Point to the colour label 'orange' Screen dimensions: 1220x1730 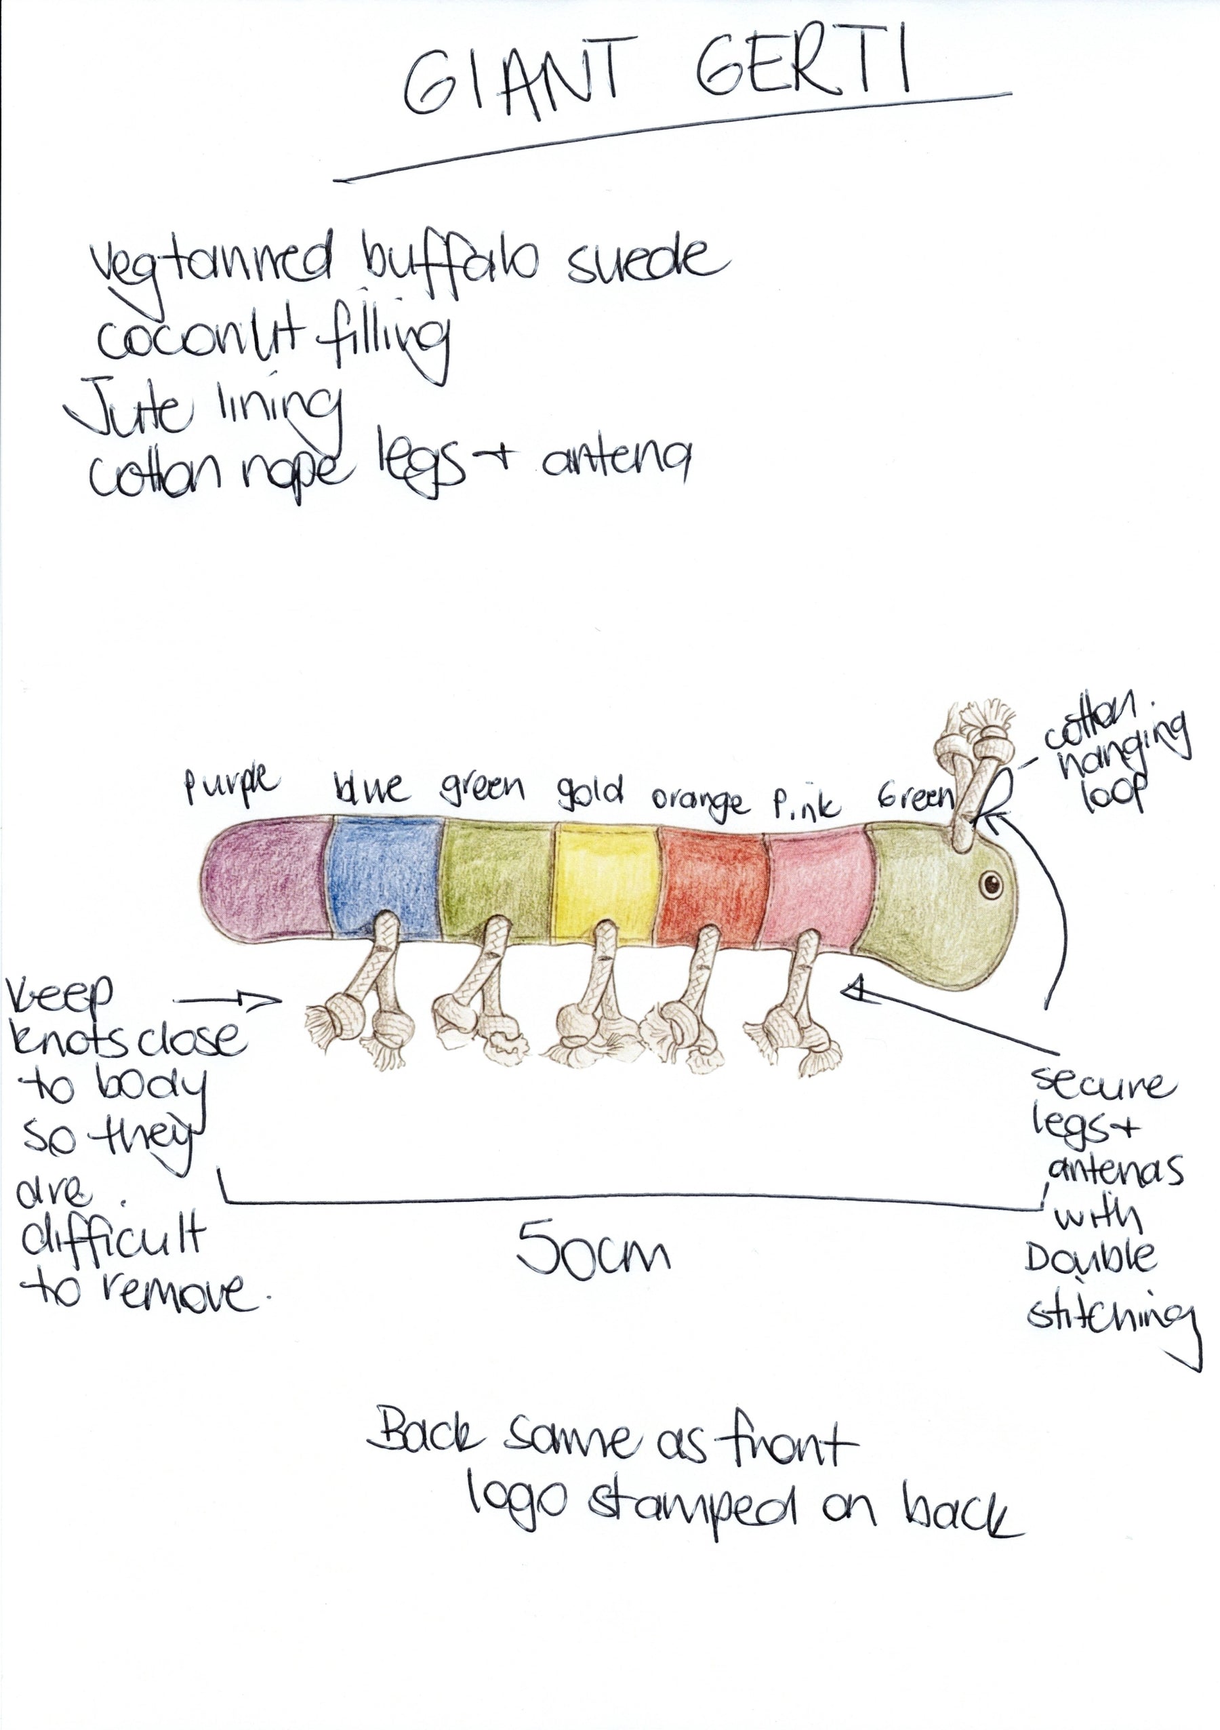coord(700,803)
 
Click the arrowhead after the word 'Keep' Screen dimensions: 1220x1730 coord(267,1001)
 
